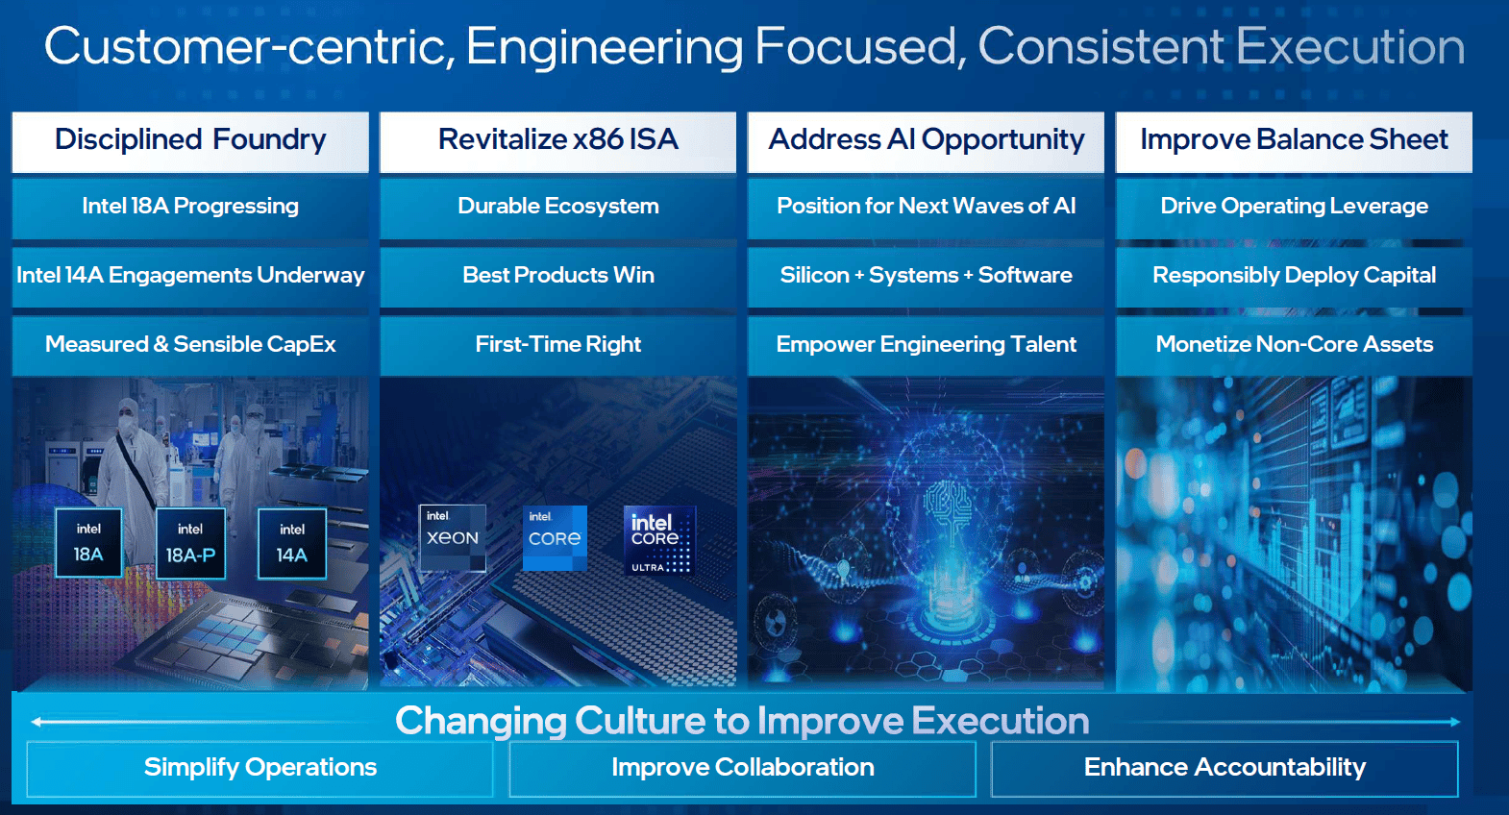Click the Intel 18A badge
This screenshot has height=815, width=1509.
click(x=88, y=543)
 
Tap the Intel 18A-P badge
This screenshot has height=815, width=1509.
click(x=190, y=543)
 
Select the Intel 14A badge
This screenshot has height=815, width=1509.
click(x=291, y=544)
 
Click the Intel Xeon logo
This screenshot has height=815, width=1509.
click(x=452, y=538)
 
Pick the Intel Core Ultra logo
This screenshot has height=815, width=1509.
click(x=659, y=540)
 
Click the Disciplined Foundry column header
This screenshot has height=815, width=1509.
click(x=190, y=141)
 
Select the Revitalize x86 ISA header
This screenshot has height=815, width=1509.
click(x=557, y=141)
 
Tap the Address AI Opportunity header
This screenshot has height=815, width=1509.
click(x=926, y=141)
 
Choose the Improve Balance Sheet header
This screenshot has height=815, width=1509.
click(x=1294, y=141)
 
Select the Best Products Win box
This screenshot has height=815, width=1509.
click(x=557, y=277)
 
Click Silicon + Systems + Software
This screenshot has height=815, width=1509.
click(x=926, y=277)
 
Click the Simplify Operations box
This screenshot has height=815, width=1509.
click(x=260, y=769)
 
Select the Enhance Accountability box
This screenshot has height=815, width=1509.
click(x=1225, y=769)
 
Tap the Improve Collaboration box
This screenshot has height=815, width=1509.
click(x=742, y=769)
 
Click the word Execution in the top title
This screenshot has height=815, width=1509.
click(x=1350, y=46)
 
